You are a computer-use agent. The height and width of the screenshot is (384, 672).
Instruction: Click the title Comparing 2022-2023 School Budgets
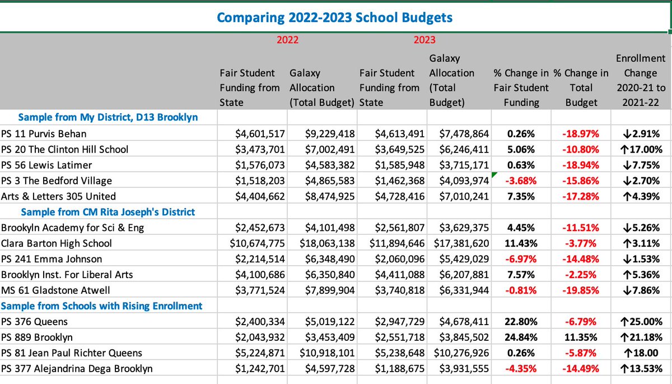point(334,18)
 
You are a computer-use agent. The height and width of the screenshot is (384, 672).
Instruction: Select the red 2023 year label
point(424,40)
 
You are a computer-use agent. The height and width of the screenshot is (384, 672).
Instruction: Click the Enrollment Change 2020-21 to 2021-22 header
point(640,80)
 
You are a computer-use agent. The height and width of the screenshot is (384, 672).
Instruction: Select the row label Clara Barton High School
point(57,243)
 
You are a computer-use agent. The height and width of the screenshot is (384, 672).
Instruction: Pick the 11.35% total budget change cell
point(581,337)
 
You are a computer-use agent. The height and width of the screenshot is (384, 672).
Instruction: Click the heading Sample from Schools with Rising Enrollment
point(102,306)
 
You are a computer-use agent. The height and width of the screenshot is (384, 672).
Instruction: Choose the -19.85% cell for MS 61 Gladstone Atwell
point(581,290)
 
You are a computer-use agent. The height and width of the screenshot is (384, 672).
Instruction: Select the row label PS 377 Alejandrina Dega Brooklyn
point(77,369)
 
